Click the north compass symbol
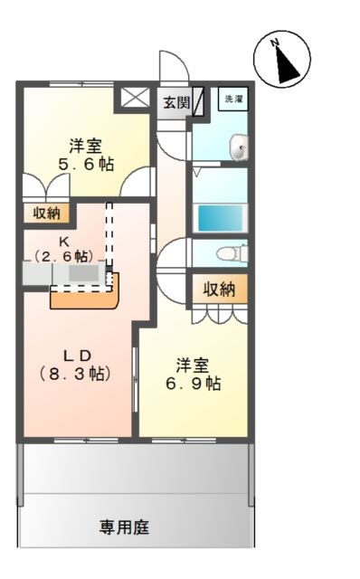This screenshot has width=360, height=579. (x=281, y=58)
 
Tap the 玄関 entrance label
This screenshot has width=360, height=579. (x=176, y=102)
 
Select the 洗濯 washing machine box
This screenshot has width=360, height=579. (x=232, y=99)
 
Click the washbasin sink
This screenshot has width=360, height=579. (x=239, y=148)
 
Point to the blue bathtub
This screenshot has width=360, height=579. (x=221, y=217)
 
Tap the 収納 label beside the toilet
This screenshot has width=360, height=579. (x=219, y=289)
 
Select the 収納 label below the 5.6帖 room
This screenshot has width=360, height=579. (x=46, y=214)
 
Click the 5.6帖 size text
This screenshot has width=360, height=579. (x=86, y=164)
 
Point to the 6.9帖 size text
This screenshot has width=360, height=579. (x=193, y=384)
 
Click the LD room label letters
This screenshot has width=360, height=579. (x=77, y=356)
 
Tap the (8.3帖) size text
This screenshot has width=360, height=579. (x=75, y=374)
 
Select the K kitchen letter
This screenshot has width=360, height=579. (x=64, y=242)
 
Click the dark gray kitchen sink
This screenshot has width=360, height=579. (x=84, y=273)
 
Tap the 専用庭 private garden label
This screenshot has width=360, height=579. (x=124, y=527)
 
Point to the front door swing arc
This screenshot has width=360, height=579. (x=174, y=65)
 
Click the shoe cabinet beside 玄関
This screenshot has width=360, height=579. (x=198, y=101)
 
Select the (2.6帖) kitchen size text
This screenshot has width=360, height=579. (x=63, y=256)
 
